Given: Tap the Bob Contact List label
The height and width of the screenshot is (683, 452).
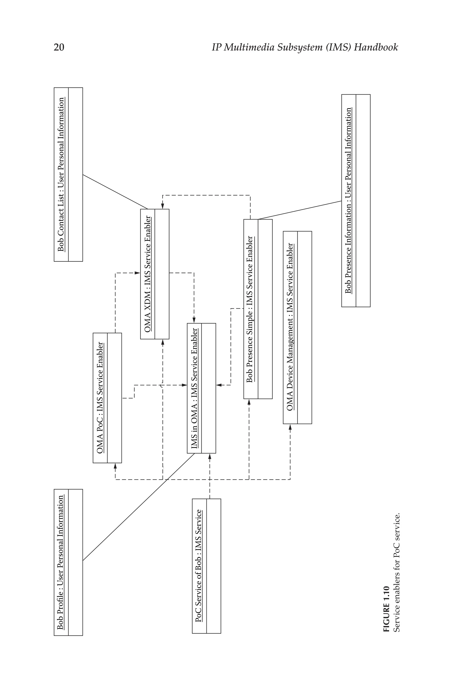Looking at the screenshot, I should (61, 175).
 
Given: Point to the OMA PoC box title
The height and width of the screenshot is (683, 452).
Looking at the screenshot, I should (100, 398).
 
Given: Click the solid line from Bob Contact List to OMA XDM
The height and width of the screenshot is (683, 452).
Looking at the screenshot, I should (115, 192).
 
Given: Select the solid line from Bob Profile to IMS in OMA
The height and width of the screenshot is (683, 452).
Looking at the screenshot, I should (138, 507).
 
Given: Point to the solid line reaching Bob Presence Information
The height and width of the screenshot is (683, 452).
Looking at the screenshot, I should (300, 210).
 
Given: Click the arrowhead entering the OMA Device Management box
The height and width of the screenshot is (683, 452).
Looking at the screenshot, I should (290, 427).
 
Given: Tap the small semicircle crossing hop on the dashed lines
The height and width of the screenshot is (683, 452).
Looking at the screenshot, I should (162, 385).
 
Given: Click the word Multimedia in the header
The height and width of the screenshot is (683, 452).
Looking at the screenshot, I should (249, 47).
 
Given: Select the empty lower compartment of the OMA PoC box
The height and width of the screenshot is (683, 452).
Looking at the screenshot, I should (115, 398).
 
